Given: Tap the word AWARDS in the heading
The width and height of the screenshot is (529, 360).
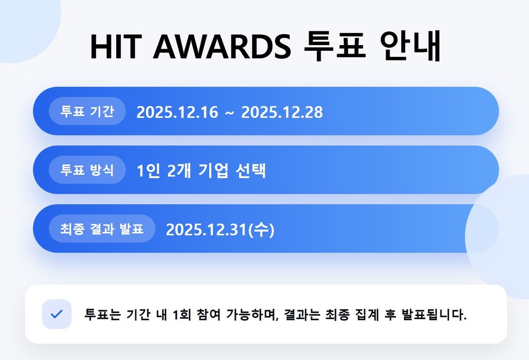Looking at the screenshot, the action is tap(222, 46).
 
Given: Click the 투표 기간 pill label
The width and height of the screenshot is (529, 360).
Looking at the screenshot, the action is tap(88, 111).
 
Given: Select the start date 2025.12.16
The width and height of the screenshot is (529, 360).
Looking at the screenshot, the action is tap(177, 112).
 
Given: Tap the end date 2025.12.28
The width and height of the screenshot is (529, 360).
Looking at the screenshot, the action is tap(282, 112).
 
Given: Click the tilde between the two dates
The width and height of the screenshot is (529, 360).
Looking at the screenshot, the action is tap(229, 113).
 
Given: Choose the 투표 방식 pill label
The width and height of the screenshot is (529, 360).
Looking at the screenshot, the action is tap(88, 170).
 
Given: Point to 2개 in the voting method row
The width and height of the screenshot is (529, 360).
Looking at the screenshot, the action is tap(179, 171).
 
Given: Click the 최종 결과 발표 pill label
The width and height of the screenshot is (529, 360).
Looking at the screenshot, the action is tap(102, 228).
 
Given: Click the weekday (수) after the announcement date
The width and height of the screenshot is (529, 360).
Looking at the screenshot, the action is tap(261, 230).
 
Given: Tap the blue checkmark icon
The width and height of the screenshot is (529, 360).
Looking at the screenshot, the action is tap(57, 314).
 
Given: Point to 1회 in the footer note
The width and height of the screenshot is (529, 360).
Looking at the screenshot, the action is tap(182, 314).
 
